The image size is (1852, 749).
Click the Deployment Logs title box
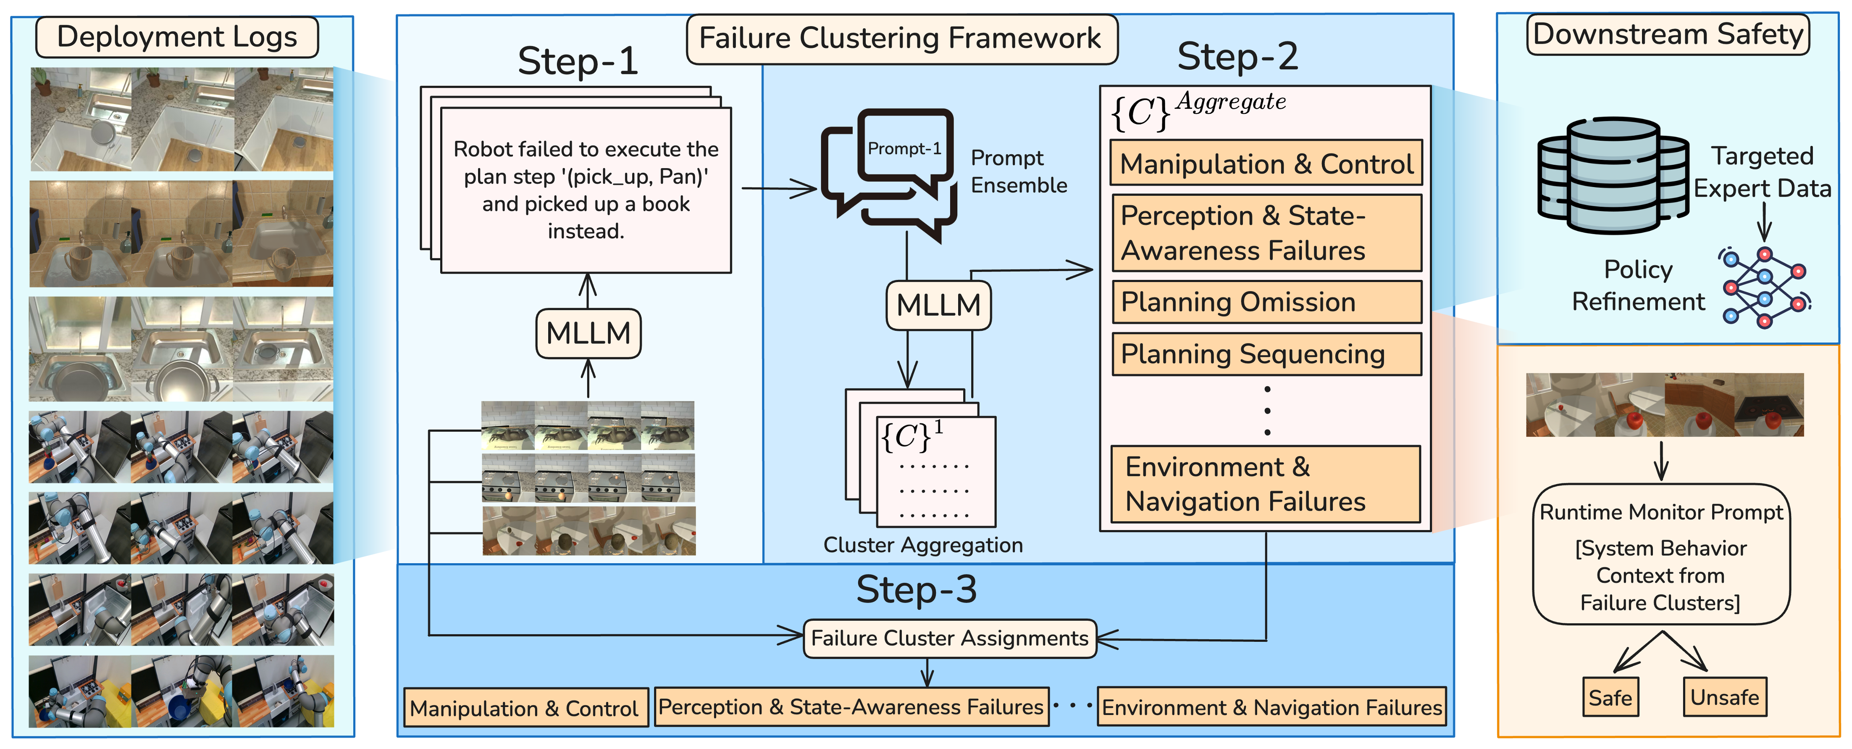tap(177, 37)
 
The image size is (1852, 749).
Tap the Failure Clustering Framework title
tap(901, 39)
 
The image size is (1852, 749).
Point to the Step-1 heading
tap(578, 61)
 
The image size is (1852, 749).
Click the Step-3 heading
tap(917, 590)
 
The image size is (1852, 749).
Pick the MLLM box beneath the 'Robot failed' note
tap(588, 333)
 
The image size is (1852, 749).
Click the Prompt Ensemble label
tap(1019, 171)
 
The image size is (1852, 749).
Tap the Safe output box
tap(1610, 697)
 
